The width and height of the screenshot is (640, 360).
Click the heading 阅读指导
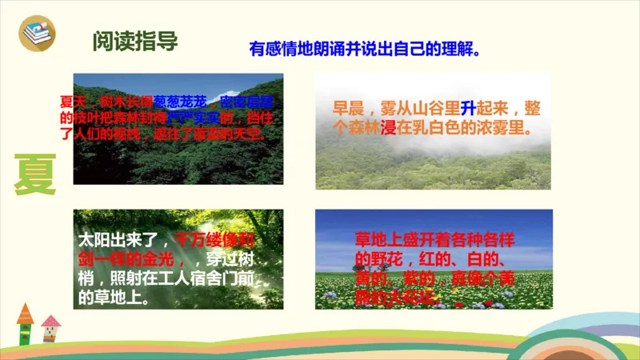[x=134, y=41]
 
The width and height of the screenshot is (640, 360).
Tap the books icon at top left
[x=35, y=32]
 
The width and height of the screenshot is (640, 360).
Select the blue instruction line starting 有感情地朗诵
[x=365, y=50]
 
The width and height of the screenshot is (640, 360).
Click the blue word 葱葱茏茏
[x=180, y=101]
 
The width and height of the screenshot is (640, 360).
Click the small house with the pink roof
[x=51, y=327]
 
